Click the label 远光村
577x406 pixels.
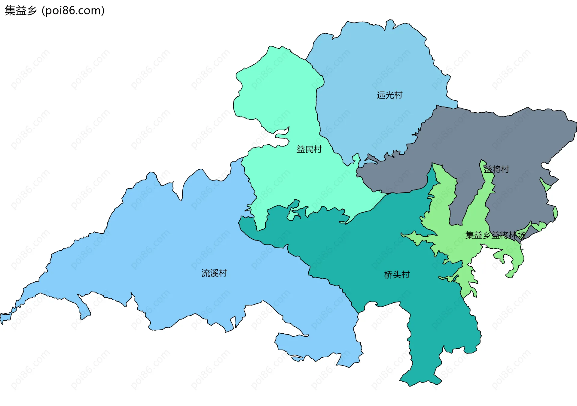pyautogui.click(x=389, y=95)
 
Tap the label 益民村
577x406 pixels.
pyautogui.click(x=309, y=149)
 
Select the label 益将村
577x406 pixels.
pyautogui.click(x=496, y=169)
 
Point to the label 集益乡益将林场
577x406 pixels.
pyautogui.click(x=495, y=235)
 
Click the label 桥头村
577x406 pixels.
pyautogui.click(x=397, y=275)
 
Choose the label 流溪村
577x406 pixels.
pyautogui.click(x=214, y=273)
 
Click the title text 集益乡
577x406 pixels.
pyautogui.click(x=20, y=11)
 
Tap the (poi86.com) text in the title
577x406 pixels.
pyautogui.click(x=73, y=11)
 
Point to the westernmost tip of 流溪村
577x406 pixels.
pyautogui.click(x=2, y=318)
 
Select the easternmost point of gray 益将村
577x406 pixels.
pyautogui.click(x=576, y=126)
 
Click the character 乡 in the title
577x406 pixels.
pyautogui.click(x=32, y=11)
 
